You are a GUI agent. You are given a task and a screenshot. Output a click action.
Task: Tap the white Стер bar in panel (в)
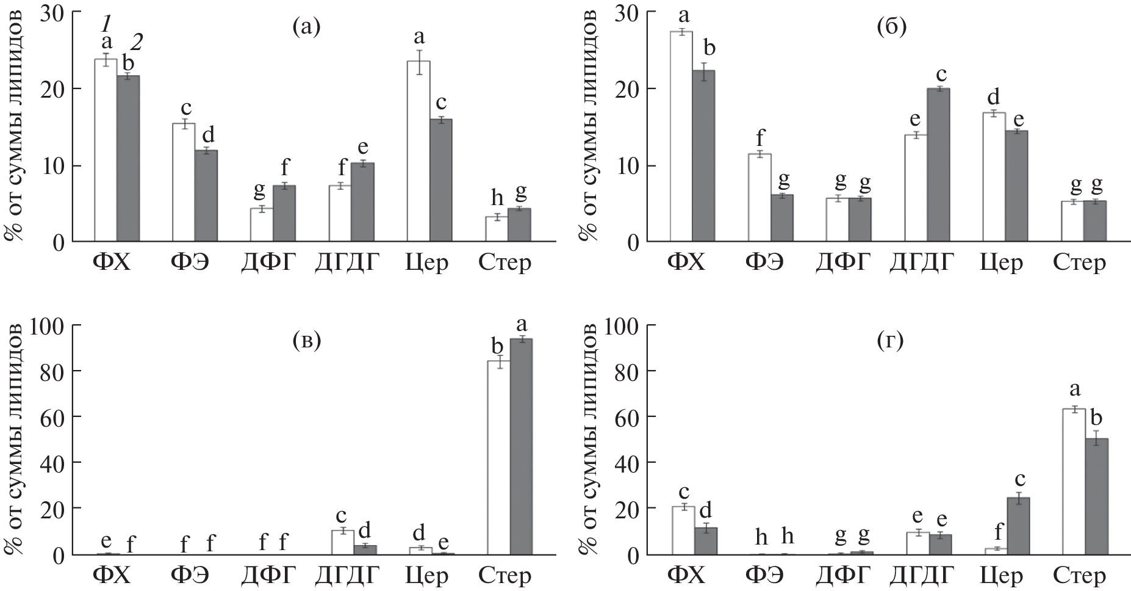[x=498, y=458]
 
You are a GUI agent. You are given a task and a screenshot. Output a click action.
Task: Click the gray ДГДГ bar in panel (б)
[x=938, y=165]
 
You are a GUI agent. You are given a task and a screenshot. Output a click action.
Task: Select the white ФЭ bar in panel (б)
[x=759, y=198]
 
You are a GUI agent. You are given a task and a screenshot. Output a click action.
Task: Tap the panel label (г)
[x=891, y=339]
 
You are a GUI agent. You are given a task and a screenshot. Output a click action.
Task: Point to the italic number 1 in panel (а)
[x=106, y=24]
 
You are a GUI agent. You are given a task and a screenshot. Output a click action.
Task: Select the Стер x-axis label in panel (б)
[x=1079, y=263]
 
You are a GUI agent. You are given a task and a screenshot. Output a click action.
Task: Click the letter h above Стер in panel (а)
[x=498, y=198]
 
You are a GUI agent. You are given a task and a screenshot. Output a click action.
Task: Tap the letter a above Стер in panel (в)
[x=522, y=324]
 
